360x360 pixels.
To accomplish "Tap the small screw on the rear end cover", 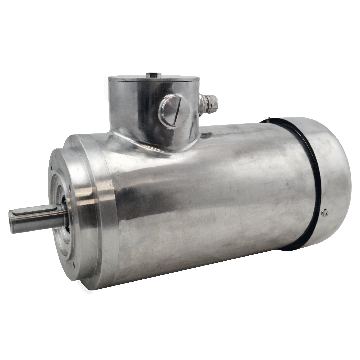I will pyautogui.click(x=325, y=210).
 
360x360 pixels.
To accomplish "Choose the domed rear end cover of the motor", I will pyautogui.click(x=325, y=170).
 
